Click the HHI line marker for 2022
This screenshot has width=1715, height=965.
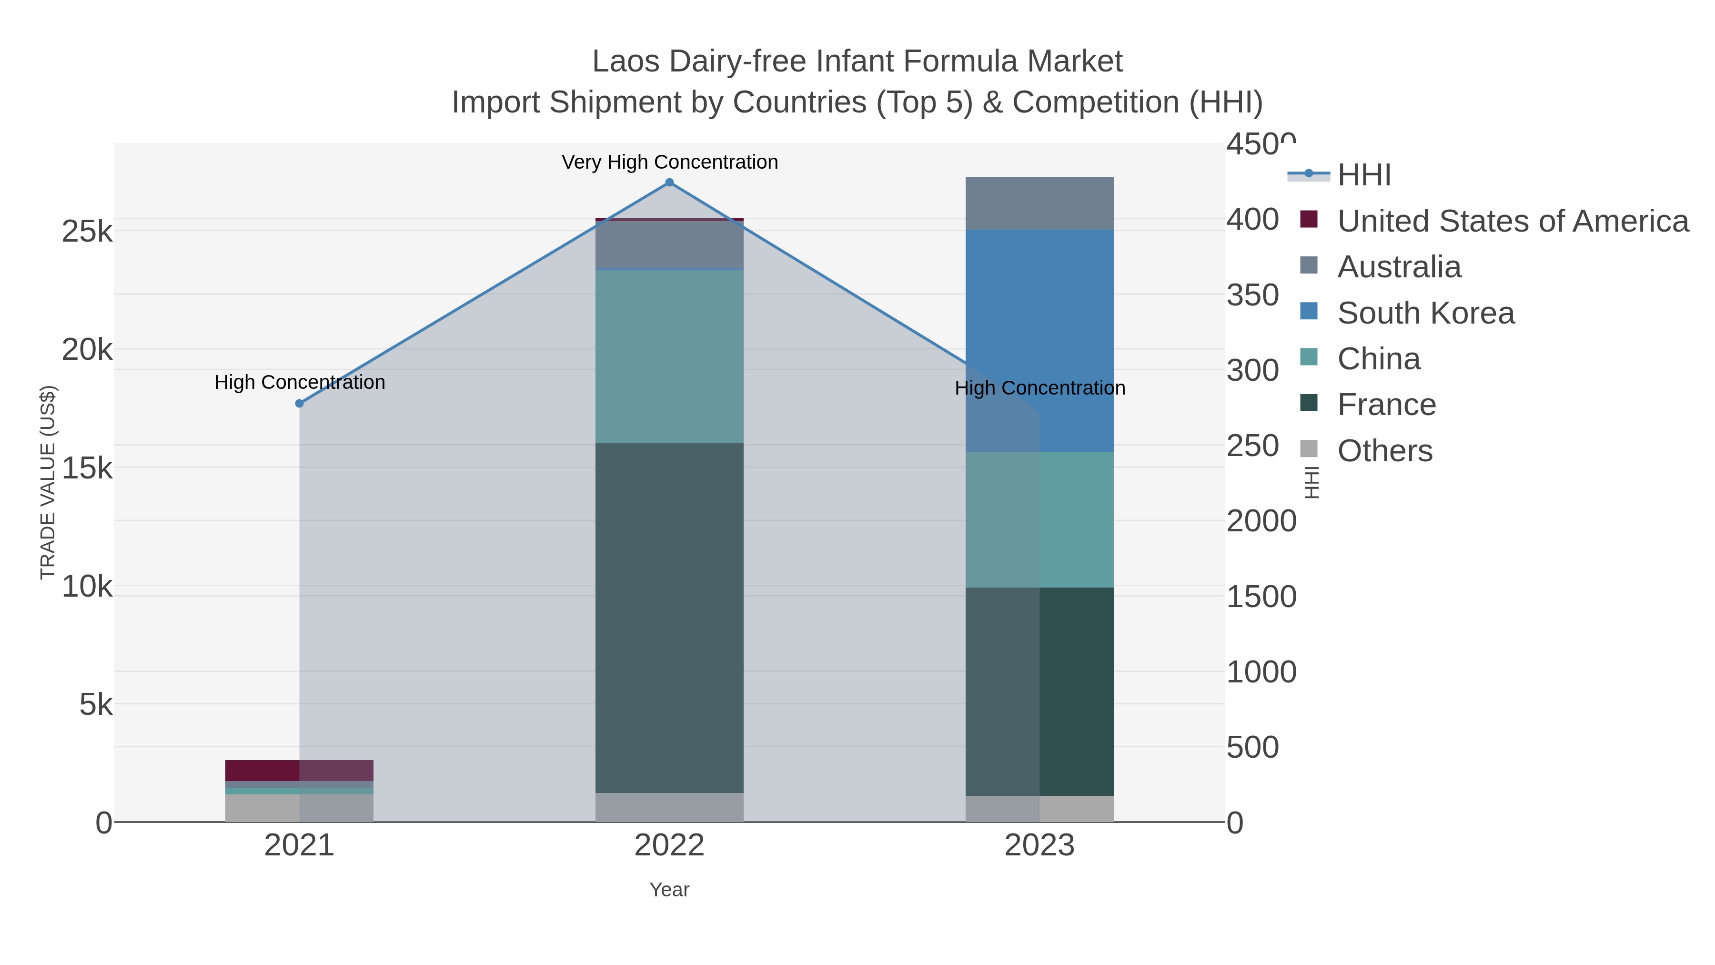click(x=669, y=183)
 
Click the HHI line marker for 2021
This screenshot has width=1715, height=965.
click(x=300, y=404)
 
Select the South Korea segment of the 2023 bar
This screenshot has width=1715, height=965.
click(x=1039, y=340)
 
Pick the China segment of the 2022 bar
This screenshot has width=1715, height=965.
click(x=669, y=356)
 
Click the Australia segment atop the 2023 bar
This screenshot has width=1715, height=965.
click(x=1039, y=203)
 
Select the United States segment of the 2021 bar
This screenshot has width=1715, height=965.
click(x=300, y=770)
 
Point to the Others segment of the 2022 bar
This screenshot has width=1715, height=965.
click(x=669, y=807)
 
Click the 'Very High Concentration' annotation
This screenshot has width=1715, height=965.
click(x=669, y=162)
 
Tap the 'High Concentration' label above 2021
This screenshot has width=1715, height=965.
click(x=300, y=382)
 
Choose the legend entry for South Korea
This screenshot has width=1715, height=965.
click(x=1425, y=313)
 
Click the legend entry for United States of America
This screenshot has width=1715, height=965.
click(x=1513, y=221)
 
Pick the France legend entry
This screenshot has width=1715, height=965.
click(x=1386, y=405)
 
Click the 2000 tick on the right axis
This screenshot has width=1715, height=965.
click(x=1261, y=521)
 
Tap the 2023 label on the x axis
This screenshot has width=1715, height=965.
click(x=1039, y=846)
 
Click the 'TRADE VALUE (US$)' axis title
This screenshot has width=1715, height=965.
click(x=48, y=482)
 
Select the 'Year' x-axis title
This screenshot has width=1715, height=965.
click(x=669, y=890)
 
